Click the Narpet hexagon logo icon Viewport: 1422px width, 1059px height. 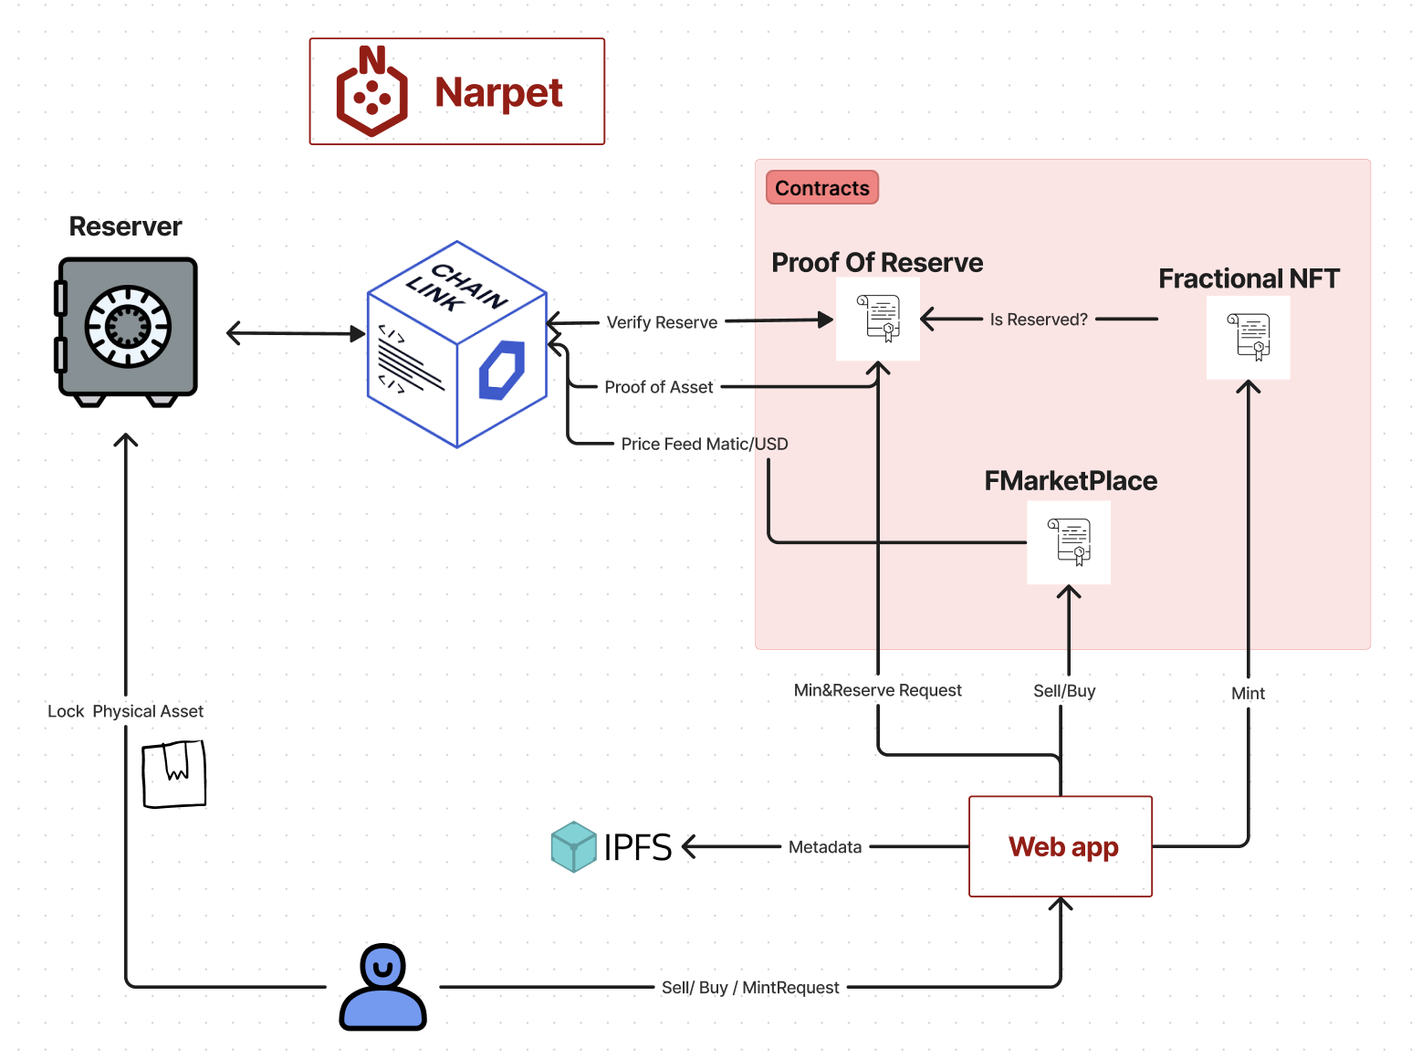pyautogui.click(x=371, y=92)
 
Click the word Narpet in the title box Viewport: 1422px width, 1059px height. pyautogui.click(x=498, y=93)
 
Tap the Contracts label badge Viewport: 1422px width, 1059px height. pyautogui.click(x=822, y=188)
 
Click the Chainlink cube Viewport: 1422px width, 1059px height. pyautogui.click(x=457, y=345)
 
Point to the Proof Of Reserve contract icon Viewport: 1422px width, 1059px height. pyautogui.click(x=879, y=319)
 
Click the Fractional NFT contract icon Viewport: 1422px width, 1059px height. pyautogui.click(x=1249, y=337)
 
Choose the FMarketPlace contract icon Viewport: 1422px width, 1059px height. pyautogui.click(x=1069, y=542)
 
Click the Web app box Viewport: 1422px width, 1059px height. pyautogui.click(x=1061, y=846)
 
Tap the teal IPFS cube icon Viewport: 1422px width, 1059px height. pyautogui.click(x=573, y=846)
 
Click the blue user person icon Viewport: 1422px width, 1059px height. pyautogui.click(x=382, y=988)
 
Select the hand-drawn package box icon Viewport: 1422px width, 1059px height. pyautogui.click(x=174, y=774)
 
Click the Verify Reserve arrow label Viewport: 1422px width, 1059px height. pyautogui.click(x=662, y=322)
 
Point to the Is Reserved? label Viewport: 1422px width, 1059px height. pyautogui.click(x=1039, y=320)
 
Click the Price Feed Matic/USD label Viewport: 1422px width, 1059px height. pyautogui.click(x=705, y=444)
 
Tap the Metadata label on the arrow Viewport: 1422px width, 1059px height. pyautogui.click(x=825, y=847)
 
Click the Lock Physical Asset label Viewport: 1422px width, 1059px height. pyautogui.click(x=126, y=711)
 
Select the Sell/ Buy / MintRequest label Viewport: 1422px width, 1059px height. pyautogui.click(x=750, y=988)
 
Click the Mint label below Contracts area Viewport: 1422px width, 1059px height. pyautogui.click(x=1248, y=694)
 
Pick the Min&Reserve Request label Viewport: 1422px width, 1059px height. pyautogui.click(x=877, y=690)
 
